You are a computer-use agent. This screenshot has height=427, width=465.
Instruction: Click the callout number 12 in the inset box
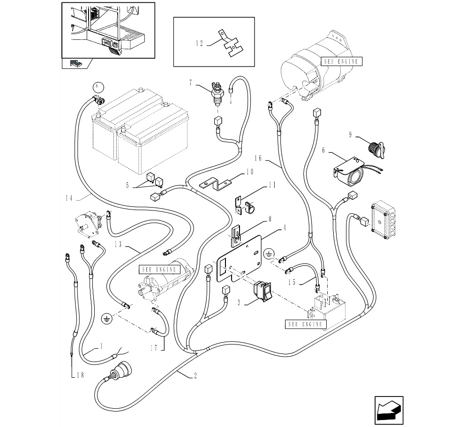click(199, 44)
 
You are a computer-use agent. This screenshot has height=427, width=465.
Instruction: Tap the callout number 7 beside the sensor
click(191, 83)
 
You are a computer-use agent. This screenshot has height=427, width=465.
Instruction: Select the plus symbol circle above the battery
click(98, 88)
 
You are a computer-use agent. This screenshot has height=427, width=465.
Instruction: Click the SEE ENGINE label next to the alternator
click(341, 61)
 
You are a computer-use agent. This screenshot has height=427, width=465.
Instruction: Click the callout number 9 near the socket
click(350, 135)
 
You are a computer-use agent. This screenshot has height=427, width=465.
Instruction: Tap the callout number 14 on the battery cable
click(69, 198)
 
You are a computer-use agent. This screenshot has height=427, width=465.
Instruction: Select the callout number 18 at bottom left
click(80, 375)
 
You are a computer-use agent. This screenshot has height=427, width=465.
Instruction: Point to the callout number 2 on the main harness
click(195, 376)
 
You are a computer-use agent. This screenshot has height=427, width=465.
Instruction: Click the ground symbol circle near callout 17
click(107, 319)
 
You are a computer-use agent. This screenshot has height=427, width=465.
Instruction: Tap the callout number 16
click(258, 158)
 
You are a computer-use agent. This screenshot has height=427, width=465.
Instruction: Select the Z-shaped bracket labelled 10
click(216, 184)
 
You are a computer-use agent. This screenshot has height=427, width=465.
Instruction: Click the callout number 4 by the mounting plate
click(285, 228)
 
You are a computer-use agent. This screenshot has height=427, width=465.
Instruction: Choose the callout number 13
click(118, 244)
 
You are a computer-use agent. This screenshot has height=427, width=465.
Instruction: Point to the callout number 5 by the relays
click(127, 186)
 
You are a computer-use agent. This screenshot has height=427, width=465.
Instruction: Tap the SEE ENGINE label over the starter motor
click(159, 270)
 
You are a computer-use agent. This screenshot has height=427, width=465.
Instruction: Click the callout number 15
click(292, 282)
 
